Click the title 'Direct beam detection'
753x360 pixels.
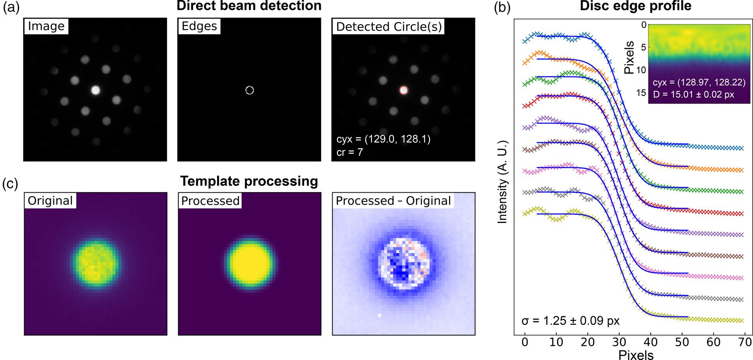click(249, 6)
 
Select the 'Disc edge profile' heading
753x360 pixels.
click(636, 6)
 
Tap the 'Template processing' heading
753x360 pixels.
click(249, 181)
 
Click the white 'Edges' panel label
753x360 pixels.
click(199, 26)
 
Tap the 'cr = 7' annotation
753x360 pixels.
click(349, 152)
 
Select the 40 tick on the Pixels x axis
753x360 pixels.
click(651, 342)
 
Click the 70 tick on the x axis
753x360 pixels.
click(745, 342)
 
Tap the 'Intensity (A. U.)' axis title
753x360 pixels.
click(502, 182)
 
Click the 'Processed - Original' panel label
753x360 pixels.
click(393, 201)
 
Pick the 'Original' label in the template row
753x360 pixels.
click(50, 201)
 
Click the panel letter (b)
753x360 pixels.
click(502, 8)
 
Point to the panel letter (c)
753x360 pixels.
click(10, 184)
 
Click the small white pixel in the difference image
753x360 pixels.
click(380, 316)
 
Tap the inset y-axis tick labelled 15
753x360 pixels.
click(642, 92)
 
